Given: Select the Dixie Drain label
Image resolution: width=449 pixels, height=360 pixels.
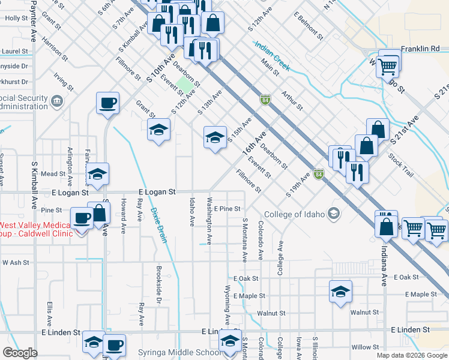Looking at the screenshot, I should coord(158,225).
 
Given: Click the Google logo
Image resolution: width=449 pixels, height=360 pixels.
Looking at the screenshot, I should coord(20,353).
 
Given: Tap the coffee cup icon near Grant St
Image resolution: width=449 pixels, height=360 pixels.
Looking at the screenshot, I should coord(107,103).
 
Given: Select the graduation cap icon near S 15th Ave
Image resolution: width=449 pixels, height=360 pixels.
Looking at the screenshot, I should coord(215,137).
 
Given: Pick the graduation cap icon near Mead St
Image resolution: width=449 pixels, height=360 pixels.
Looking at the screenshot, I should coord(97,174).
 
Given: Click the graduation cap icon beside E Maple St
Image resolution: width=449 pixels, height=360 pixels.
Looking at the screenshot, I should coord(340,292).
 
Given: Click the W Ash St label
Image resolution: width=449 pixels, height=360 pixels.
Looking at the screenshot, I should coord(16,262).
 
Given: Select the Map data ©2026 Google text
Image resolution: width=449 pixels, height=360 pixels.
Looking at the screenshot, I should coord(411,355).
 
